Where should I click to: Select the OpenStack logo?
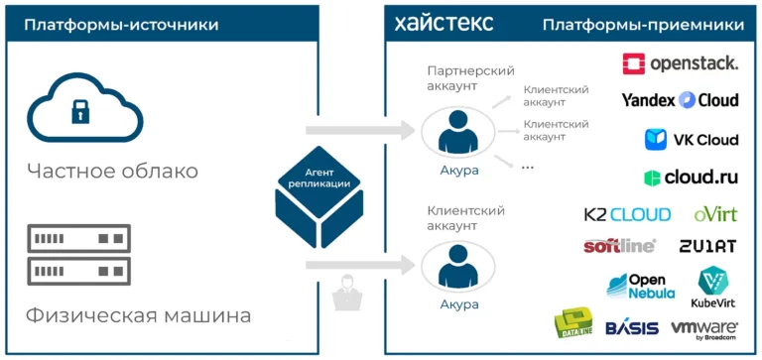coord(681,63)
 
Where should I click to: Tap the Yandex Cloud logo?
coord(681,100)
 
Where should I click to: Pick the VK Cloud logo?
coord(692,140)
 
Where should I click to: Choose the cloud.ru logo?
coord(691,178)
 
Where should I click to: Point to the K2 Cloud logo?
coord(627,214)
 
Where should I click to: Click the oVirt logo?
coord(715,214)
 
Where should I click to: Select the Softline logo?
coord(619,246)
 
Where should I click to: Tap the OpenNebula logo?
coord(641,287)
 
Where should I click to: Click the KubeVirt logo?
coord(713,288)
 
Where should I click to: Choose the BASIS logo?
coord(632,328)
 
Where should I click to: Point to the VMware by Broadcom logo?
coord(704,329)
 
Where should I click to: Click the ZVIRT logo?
coord(708,246)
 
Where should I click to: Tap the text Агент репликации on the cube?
coord(319,179)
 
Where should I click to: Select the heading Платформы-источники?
coord(121,25)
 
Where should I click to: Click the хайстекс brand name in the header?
coord(444,24)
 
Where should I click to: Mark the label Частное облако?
coord(112,171)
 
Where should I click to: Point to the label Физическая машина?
coord(139,315)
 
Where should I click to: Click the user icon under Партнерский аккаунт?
coord(457,131)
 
